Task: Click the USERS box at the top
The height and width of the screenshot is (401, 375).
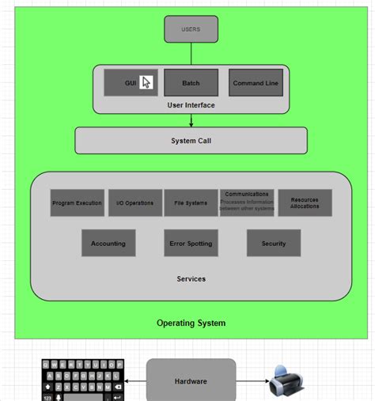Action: [191, 29]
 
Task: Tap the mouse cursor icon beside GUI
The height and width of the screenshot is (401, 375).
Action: [146, 82]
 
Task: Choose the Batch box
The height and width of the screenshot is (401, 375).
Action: [191, 83]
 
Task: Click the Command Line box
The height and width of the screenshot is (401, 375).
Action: [256, 83]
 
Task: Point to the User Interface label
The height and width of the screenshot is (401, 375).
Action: [191, 105]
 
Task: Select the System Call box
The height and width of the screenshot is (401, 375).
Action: [191, 141]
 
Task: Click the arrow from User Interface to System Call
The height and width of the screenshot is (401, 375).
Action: [191, 121]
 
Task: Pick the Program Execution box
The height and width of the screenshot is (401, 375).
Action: [77, 203]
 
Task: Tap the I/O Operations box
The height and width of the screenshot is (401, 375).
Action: [134, 203]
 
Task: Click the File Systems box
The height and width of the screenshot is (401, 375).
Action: [191, 203]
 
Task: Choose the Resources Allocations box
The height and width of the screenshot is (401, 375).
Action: [305, 203]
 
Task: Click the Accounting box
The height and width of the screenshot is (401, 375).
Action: [108, 244]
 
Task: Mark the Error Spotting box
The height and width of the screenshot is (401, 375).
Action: [191, 244]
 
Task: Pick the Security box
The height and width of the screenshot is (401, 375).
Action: [274, 244]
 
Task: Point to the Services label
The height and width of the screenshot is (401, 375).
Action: [191, 278]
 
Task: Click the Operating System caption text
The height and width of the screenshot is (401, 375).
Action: [191, 323]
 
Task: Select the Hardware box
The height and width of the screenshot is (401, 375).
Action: [191, 381]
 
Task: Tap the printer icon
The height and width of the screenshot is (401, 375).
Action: [285, 381]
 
